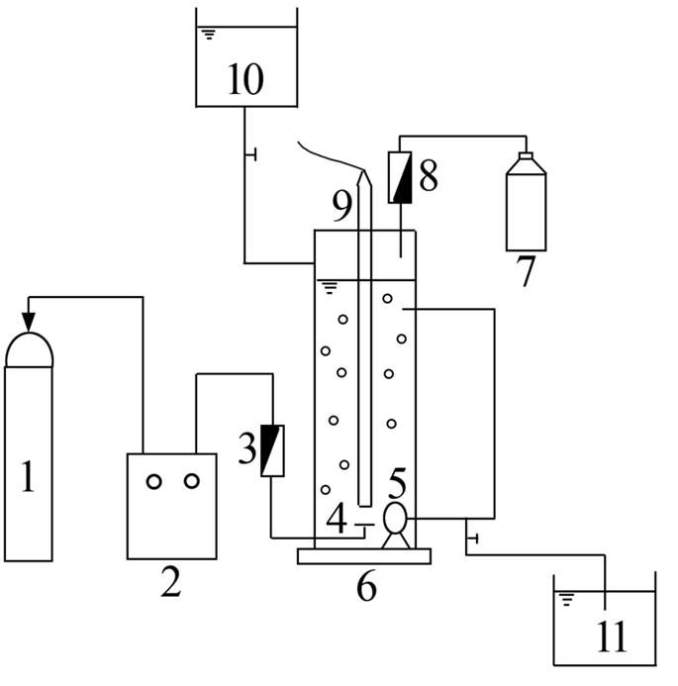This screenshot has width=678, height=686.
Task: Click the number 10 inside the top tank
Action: [x=244, y=79]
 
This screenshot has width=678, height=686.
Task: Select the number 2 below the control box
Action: [x=171, y=585]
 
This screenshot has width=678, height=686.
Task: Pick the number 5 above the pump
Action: [x=365, y=587]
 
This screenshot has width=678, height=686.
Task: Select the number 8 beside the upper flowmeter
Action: [x=341, y=206]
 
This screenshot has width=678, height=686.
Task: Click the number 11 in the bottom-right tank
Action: [x=154, y=481]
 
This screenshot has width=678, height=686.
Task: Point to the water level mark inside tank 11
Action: [x=567, y=597]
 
